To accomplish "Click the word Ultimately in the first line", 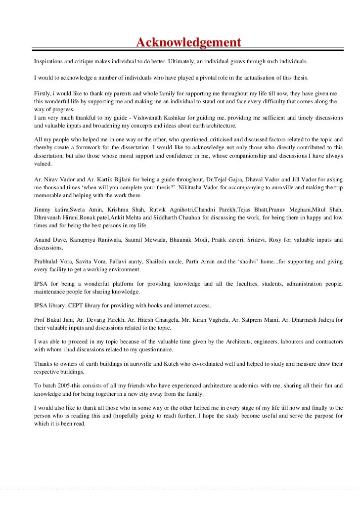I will pyautogui.click(x=182, y=63).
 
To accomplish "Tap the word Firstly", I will pyautogui.click(x=43, y=93).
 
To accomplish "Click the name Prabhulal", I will pyautogui.click(x=49, y=262).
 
